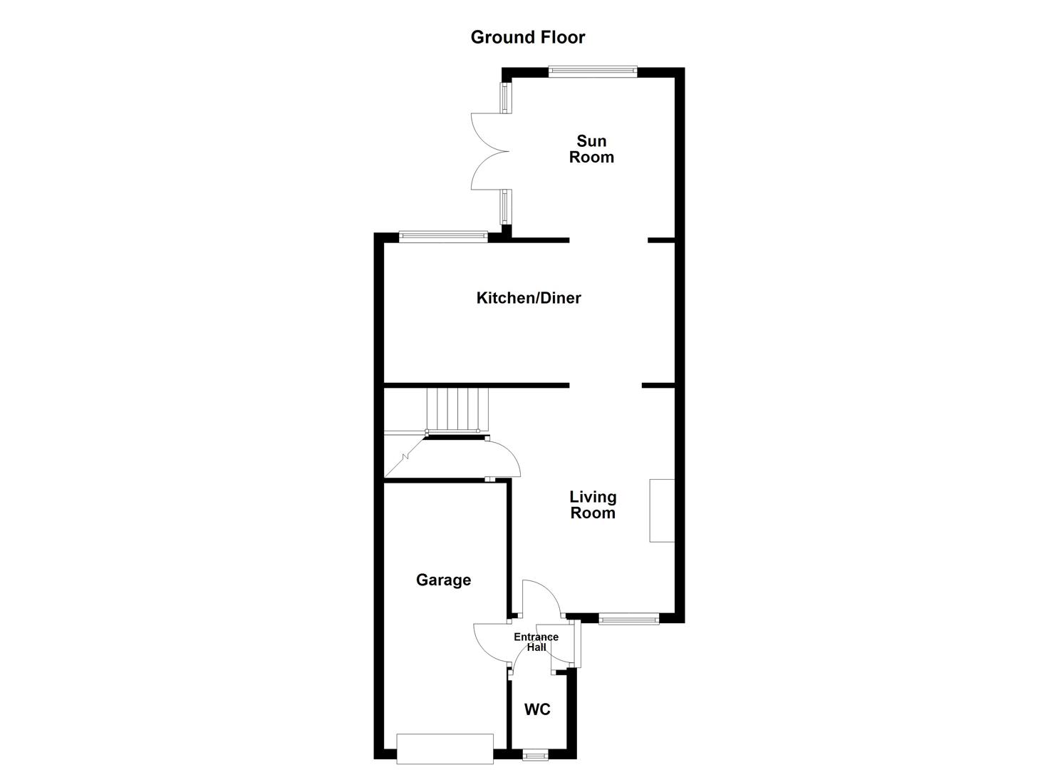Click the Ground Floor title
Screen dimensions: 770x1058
527,37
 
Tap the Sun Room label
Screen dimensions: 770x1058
591,149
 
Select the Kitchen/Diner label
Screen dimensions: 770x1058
529,298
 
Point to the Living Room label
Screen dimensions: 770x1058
593,505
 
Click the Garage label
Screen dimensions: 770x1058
443,580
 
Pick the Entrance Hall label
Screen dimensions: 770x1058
536,642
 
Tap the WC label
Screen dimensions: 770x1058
537,709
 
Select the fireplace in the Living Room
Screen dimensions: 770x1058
662,510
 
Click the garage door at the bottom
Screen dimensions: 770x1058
445,749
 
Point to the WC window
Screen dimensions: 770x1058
535,754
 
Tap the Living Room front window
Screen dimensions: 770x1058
628,619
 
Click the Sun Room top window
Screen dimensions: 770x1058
592,71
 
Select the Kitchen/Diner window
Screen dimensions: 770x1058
443,236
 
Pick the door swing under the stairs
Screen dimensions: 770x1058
503,458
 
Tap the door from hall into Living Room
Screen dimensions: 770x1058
541,597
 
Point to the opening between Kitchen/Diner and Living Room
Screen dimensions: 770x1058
606,386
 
